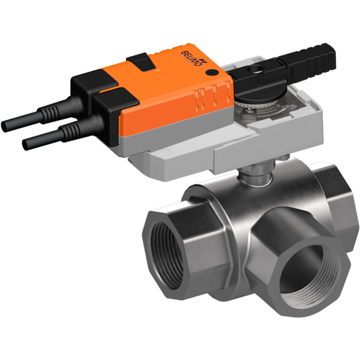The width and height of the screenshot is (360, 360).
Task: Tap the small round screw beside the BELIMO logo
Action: pyautogui.click(x=211, y=72)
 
